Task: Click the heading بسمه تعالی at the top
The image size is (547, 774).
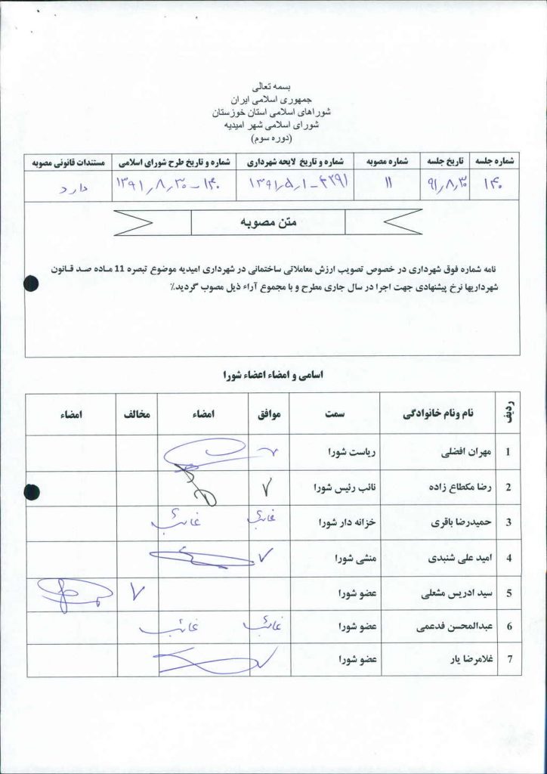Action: pos(273,88)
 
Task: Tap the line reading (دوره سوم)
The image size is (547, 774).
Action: pos(273,138)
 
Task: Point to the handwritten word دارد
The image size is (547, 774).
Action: pos(73,186)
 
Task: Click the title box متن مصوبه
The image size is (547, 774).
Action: pos(267,221)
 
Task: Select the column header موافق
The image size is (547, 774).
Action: pos(269,414)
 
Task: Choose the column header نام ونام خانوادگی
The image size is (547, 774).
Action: pos(437,414)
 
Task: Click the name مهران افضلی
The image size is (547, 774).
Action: pos(465,453)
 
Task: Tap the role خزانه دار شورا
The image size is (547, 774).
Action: pos(347,522)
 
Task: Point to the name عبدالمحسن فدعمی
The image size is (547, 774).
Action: pos(447,627)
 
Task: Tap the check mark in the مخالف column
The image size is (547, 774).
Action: pos(137,593)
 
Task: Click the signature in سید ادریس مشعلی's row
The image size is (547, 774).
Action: pos(73,592)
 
